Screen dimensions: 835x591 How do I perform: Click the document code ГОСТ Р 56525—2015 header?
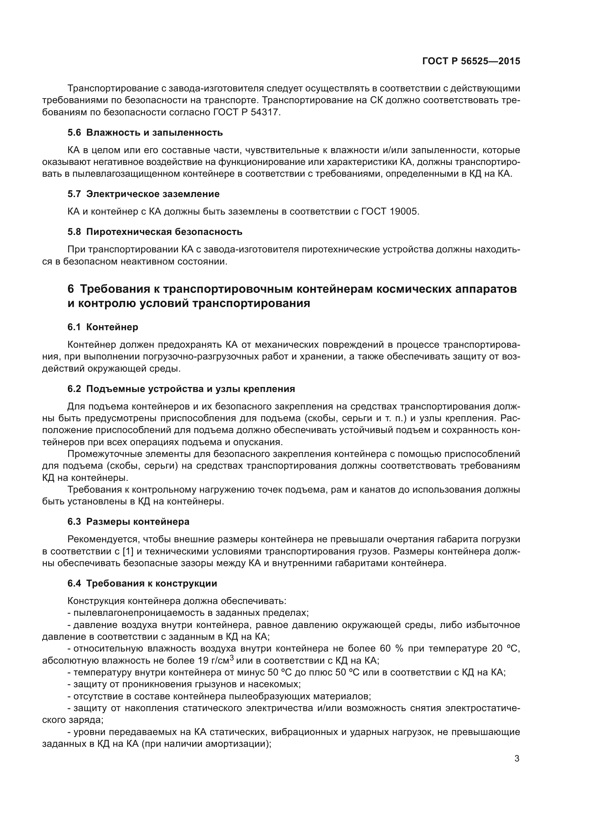[471, 61]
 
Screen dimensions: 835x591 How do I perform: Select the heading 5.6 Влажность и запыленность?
[145, 133]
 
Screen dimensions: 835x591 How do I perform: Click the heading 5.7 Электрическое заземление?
[143, 194]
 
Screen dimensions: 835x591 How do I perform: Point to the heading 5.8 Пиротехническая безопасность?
[155, 232]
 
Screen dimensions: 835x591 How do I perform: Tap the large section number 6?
[71, 289]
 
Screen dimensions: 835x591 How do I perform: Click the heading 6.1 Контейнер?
[103, 327]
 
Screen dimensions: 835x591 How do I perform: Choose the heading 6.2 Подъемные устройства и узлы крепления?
[181, 389]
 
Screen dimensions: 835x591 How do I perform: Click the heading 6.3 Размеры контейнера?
[128, 522]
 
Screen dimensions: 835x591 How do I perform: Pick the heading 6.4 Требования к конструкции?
[142, 584]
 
